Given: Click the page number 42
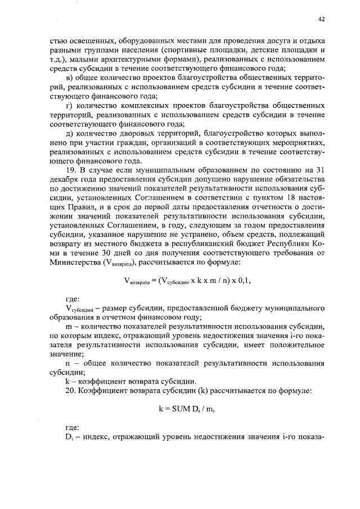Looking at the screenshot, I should click(x=321, y=19).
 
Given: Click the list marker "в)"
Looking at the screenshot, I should click(x=70, y=77).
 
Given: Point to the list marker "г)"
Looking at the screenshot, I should click(x=69, y=105).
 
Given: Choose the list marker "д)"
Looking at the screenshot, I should click(x=69, y=133).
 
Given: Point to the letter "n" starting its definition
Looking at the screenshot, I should click(x=68, y=363).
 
